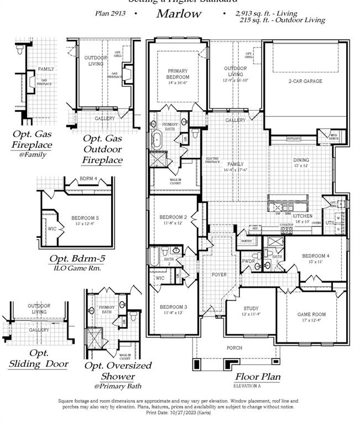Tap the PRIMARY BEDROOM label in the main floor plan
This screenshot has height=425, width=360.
178,74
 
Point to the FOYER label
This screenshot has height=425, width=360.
220,274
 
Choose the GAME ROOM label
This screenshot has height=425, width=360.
312,314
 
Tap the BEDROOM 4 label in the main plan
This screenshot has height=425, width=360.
316,256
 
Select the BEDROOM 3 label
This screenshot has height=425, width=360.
173,307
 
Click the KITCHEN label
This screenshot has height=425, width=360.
303,215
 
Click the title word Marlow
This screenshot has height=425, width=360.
178,14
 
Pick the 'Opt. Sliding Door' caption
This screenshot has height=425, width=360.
39,359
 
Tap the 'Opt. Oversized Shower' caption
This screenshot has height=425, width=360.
118,371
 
